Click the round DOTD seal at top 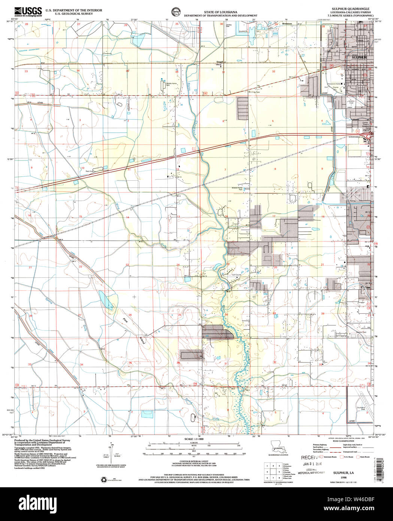coord(175,11)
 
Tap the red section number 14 coord(127,217)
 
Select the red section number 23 coord(127,265)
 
